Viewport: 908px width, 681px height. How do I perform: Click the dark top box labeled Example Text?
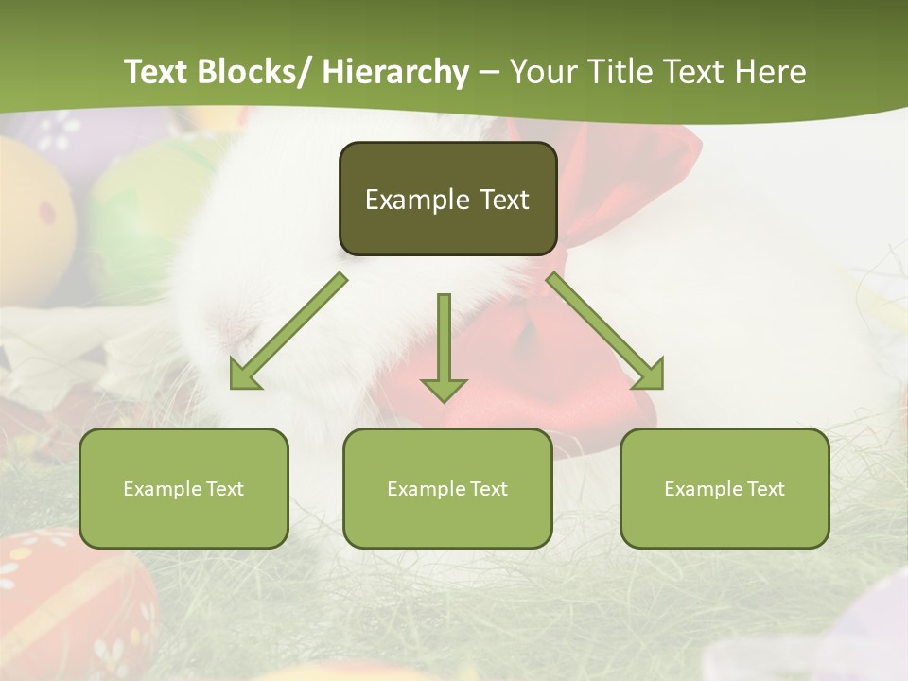pyautogui.click(x=447, y=199)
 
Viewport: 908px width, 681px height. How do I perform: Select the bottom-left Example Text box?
pyautogui.click(x=183, y=488)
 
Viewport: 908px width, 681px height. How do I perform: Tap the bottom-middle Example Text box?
pyautogui.click(x=447, y=488)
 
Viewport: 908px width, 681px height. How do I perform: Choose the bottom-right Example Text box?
pyautogui.click(x=725, y=488)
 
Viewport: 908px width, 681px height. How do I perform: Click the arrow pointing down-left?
pyautogui.click(x=289, y=331)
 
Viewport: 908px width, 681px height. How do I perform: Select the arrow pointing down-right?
pyautogui.click(x=605, y=331)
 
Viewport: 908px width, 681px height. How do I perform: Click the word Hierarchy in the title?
pyautogui.click(x=395, y=72)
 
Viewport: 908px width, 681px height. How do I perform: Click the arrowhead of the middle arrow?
pyautogui.click(x=444, y=389)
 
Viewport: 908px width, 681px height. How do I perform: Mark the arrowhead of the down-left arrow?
pyautogui.click(x=244, y=375)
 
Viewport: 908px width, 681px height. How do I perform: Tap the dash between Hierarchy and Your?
pyautogui.click(x=489, y=73)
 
